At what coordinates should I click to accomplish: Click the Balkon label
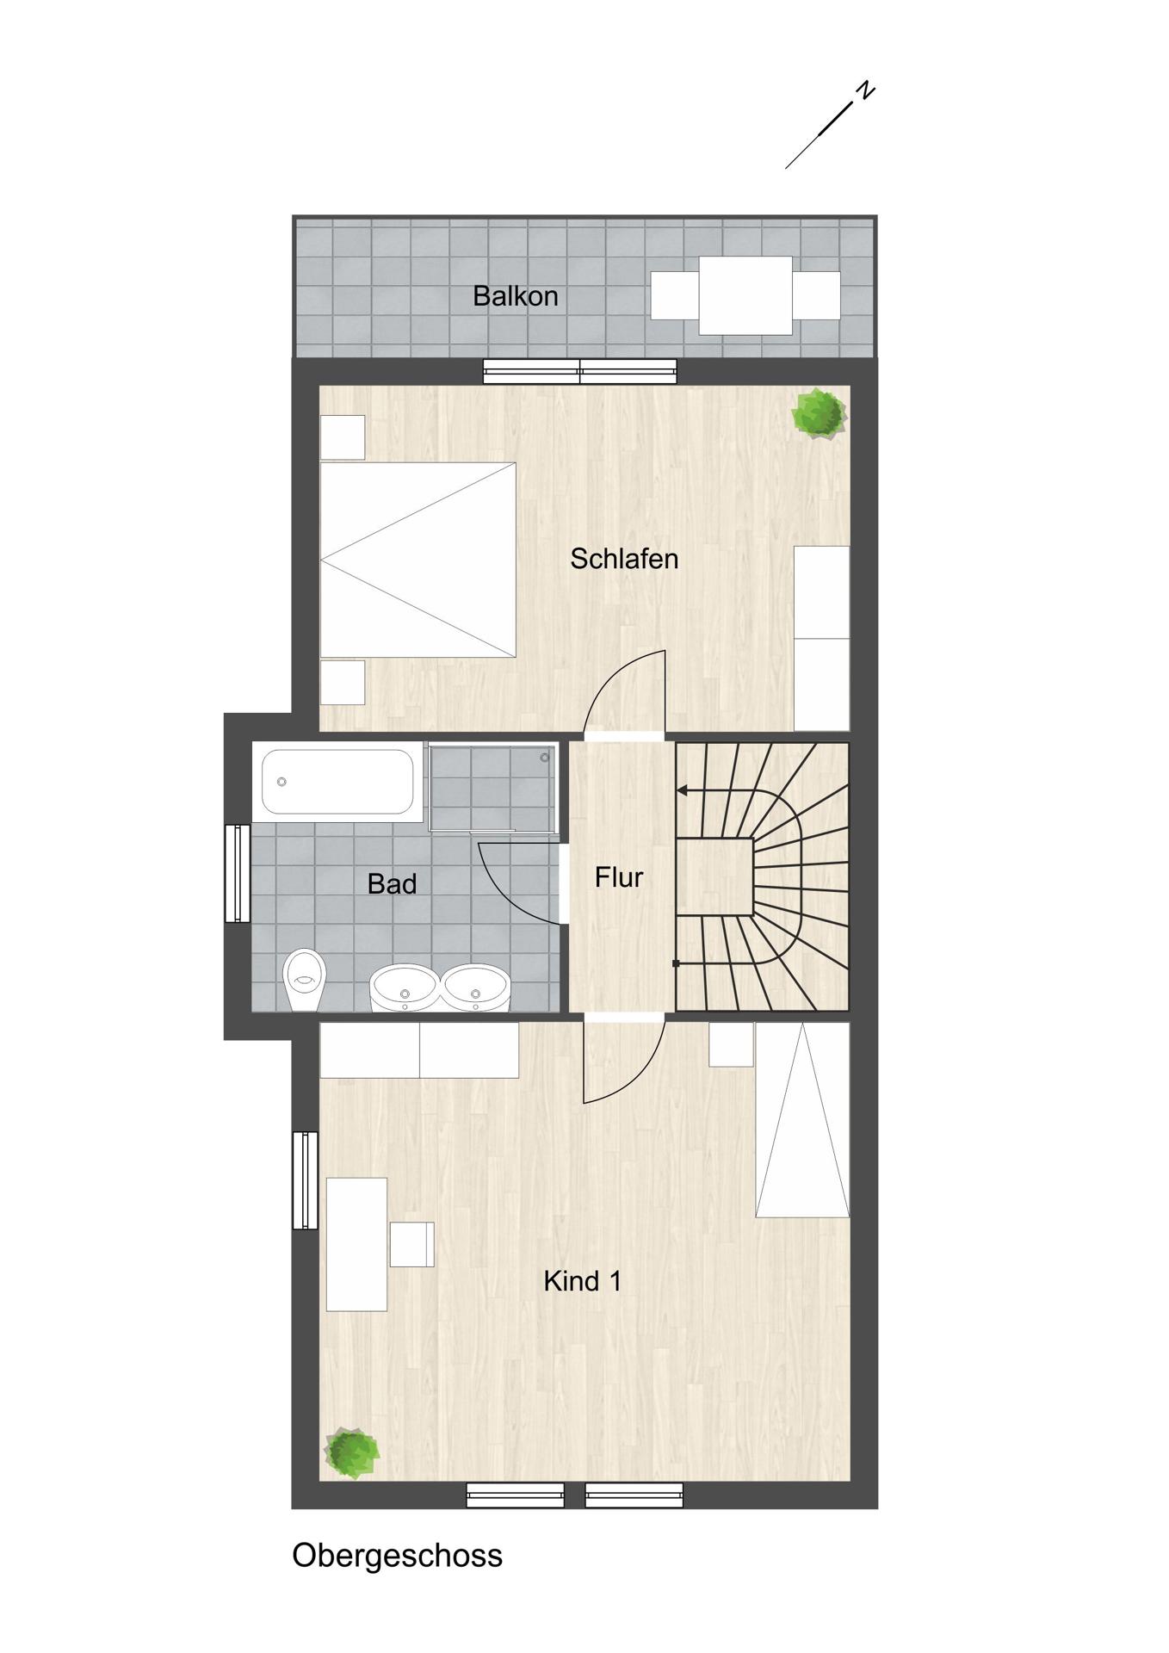tap(515, 296)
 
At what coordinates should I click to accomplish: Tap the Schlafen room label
tap(624, 559)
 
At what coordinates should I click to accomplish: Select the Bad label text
tap(392, 883)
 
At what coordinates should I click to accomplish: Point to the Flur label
tap(619, 877)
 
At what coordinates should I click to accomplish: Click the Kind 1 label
tap(582, 1281)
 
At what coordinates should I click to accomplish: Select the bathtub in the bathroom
tap(337, 782)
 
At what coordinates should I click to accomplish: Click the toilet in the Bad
tap(305, 980)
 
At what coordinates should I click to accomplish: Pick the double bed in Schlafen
tap(417, 560)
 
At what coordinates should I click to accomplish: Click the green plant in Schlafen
tap(819, 414)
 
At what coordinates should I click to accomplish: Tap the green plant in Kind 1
tap(351, 1453)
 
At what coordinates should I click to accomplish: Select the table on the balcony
tap(745, 295)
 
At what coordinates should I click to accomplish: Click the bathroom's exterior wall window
tap(238, 873)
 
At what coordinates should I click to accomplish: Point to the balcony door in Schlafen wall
tap(580, 372)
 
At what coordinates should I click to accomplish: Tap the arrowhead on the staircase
tap(682, 790)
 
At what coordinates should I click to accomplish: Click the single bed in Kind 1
tap(802, 1120)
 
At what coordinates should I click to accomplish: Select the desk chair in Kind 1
tap(411, 1244)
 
